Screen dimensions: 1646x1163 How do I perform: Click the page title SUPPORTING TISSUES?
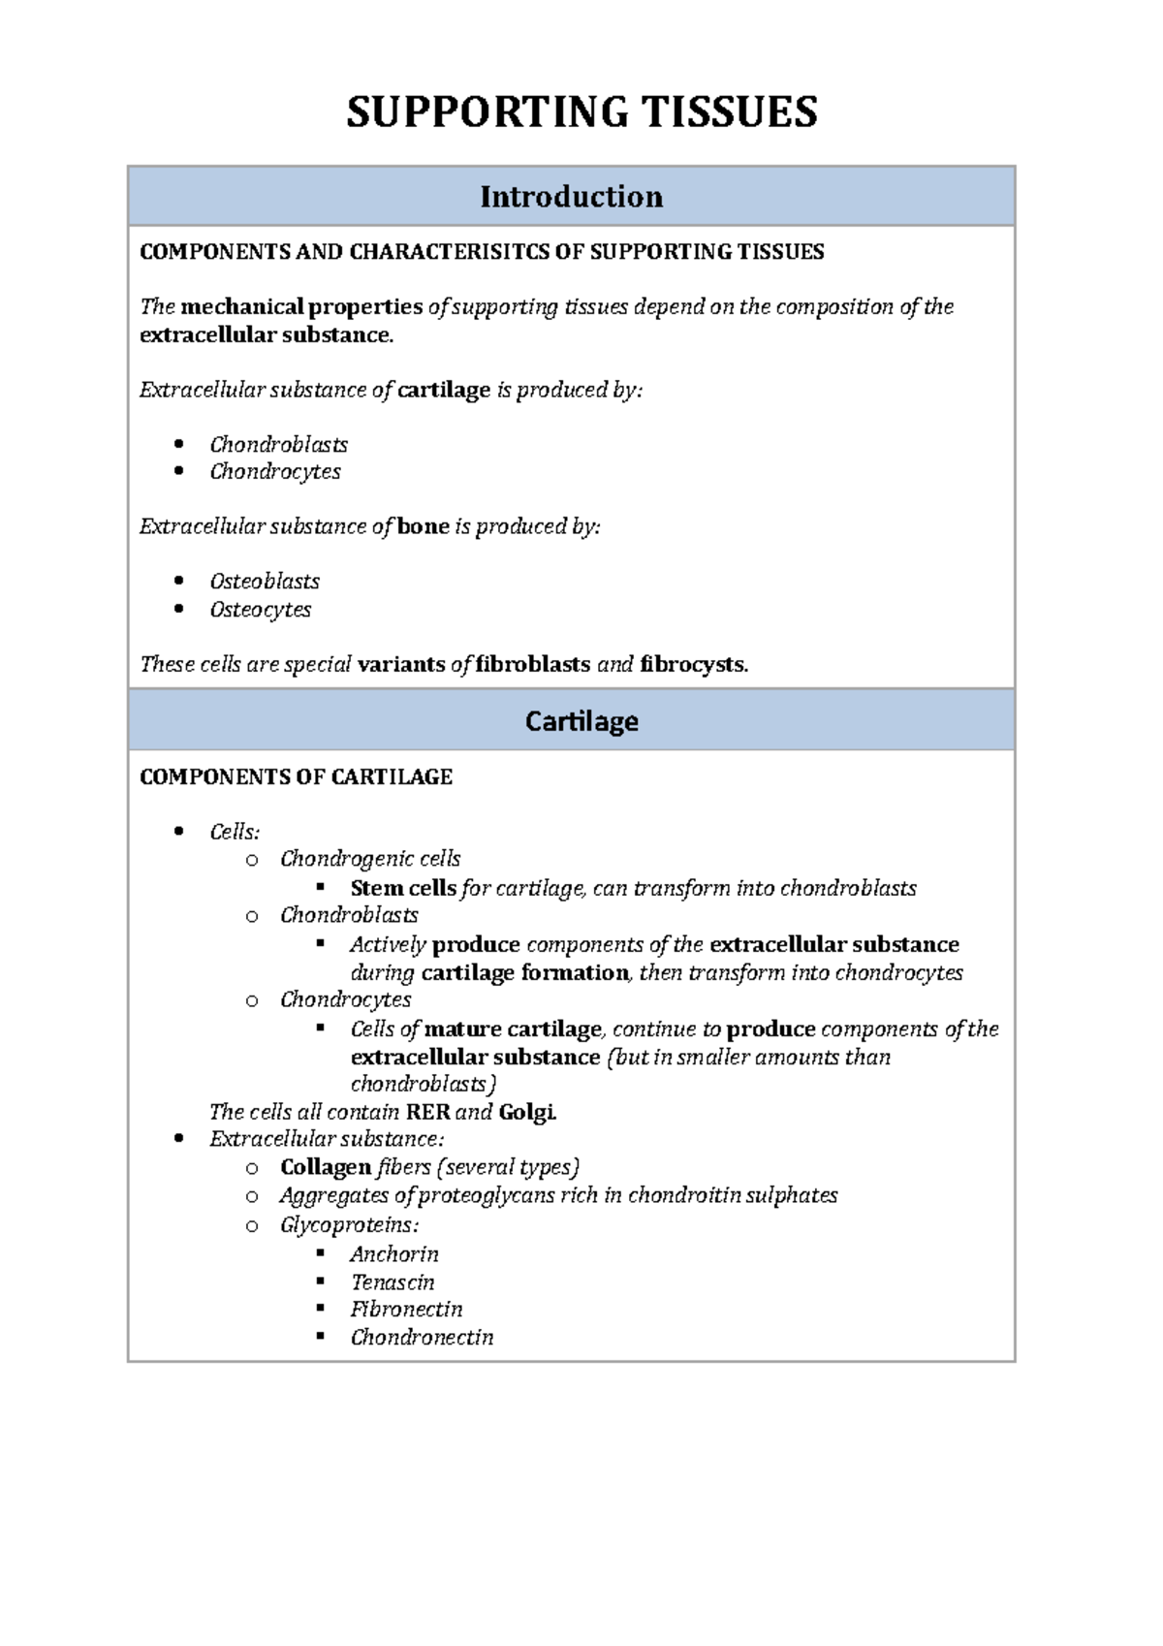click(x=581, y=112)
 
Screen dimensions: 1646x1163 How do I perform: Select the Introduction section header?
click(x=571, y=197)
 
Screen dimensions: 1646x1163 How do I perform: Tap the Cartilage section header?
click(x=581, y=721)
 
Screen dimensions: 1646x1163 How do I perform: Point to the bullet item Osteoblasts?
click(x=264, y=582)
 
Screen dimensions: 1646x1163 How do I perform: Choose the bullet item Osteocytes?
click(x=260, y=610)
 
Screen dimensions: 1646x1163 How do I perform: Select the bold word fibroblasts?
click(x=533, y=665)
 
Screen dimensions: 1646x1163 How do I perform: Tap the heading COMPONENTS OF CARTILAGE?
click(x=296, y=777)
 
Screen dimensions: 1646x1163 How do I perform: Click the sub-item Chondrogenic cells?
click(x=369, y=859)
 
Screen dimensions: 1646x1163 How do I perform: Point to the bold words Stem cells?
click(x=403, y=888)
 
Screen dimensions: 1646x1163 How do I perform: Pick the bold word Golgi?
click(x=526, y=1112)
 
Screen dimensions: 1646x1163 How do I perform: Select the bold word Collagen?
click(x=326, y=1167)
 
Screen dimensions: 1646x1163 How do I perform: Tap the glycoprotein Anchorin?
click(x=393, y=1254)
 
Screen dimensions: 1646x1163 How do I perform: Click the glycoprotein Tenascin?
click(x=392, y=1282)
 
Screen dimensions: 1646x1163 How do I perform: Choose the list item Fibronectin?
click(x=406, y=1310)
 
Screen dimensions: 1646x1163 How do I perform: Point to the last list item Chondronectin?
click(x=422, y=1338)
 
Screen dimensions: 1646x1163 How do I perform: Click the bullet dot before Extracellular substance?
click(x=178, y=1139)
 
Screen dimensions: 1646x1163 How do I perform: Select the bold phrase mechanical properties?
click(x=301, y=307)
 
